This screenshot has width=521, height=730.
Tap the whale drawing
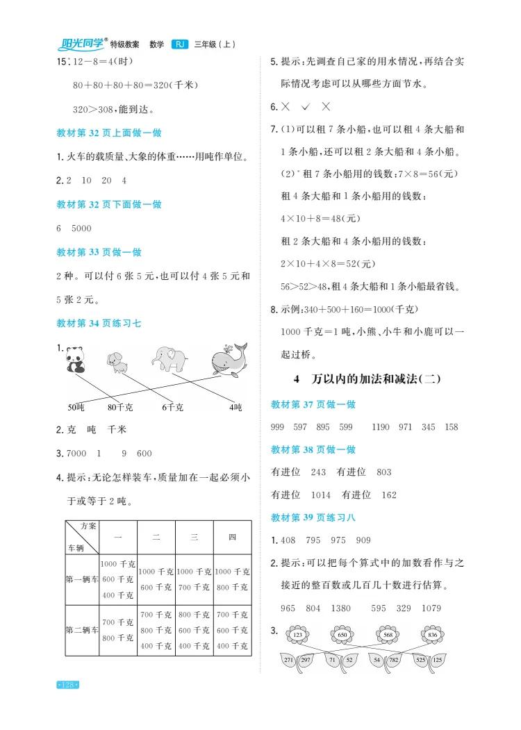(229, 357)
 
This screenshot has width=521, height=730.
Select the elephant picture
(170, 359)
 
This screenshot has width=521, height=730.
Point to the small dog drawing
(116, 363)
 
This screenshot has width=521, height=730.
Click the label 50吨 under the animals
(76, 408)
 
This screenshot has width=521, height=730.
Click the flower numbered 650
(342, 635)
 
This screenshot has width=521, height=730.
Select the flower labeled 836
(433, 635)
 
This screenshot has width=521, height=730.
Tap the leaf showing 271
(291, 659)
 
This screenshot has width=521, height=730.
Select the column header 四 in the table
(233, 537)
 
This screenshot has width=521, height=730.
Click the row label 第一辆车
(82, 579)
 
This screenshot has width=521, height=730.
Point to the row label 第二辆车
(82, 630)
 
